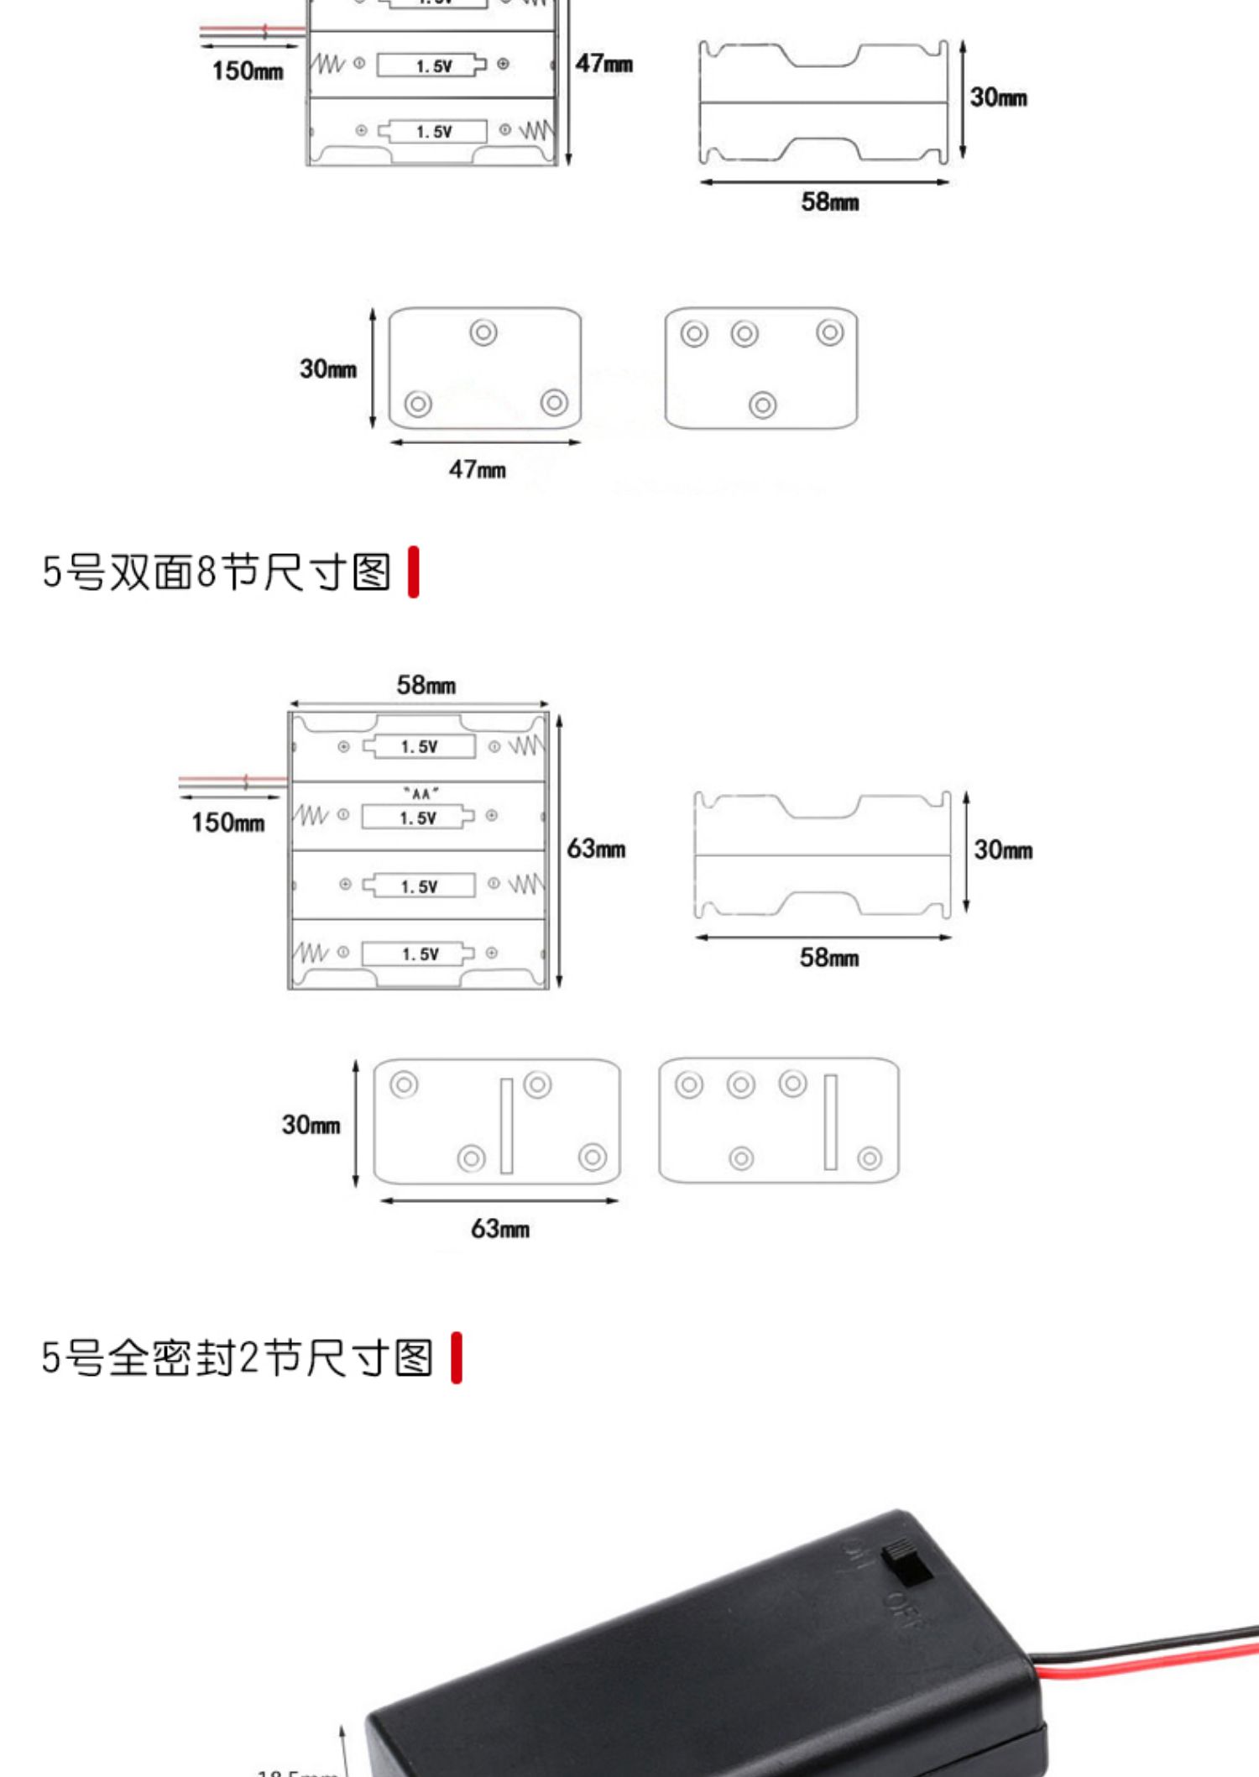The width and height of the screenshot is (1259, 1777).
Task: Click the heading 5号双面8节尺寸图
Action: tap(217, 572)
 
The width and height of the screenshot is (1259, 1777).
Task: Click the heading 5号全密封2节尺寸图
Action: tap(238, 1357)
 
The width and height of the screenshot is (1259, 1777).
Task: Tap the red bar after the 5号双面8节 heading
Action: tap(413, 572)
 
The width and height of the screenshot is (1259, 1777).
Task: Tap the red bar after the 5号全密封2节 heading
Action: tap(457, 1357)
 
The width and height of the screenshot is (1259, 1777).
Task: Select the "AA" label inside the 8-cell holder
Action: tap(421, 793)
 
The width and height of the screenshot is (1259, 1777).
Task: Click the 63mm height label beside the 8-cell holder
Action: tap(596, 849)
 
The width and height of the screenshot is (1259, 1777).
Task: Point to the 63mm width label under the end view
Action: tap(499, 1229)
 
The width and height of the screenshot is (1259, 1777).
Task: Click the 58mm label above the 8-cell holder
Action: tap(426, 685)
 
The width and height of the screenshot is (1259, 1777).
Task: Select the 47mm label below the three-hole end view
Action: tap(477, 469)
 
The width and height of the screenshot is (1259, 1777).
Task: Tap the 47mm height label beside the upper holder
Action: tap(603, 64)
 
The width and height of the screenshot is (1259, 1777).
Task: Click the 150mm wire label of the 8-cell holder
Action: tap(227, 822)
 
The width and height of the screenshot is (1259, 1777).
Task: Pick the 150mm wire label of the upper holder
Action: tap(248, 71)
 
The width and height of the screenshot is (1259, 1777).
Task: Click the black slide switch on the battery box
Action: tap(907, 1562)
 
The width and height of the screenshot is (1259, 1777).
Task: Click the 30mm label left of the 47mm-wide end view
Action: tap(328, 368)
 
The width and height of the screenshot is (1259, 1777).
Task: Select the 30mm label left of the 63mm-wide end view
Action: tap(311, 1124)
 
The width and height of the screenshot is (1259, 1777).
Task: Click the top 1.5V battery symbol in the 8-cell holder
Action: tap(419, 746)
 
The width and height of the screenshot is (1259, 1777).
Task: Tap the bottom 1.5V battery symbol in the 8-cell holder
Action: tap(419, 954)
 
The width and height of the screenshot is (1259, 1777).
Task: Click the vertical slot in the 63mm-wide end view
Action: tap(506, 1125)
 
